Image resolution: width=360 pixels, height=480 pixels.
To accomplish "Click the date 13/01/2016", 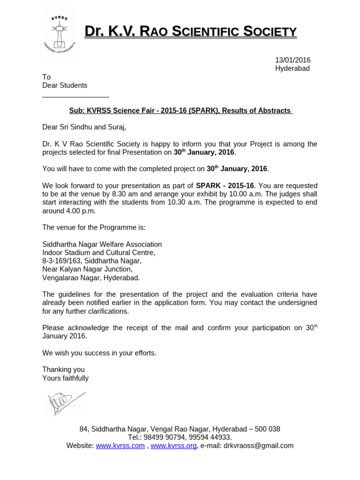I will (292, 60).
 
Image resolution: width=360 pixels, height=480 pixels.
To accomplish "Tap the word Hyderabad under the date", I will (292, 68).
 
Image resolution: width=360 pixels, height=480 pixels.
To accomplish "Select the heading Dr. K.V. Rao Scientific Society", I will (190, 31).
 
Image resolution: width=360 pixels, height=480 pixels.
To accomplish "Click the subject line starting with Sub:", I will (180, 111).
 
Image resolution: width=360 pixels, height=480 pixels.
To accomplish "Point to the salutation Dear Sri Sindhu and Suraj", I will (84, 127).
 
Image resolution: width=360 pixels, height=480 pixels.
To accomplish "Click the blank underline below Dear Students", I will (75, 96).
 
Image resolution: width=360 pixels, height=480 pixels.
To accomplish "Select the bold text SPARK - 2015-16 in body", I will (225, 186).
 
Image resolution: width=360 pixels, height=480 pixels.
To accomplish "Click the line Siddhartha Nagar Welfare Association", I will (102, 244).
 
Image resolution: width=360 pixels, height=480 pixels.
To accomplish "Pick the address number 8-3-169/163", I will (62, 261).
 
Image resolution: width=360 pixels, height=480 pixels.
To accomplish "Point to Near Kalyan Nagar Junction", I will (87, 270).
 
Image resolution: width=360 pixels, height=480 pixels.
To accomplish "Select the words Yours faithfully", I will (65, 378).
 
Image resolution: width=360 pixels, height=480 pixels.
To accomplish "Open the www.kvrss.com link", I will (120, 446).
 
